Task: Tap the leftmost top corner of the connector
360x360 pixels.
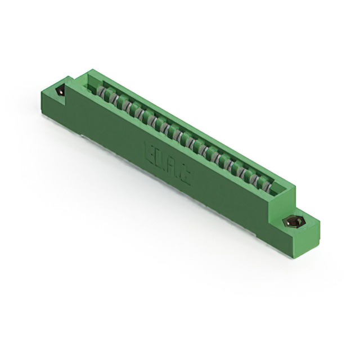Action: [41, 90]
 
